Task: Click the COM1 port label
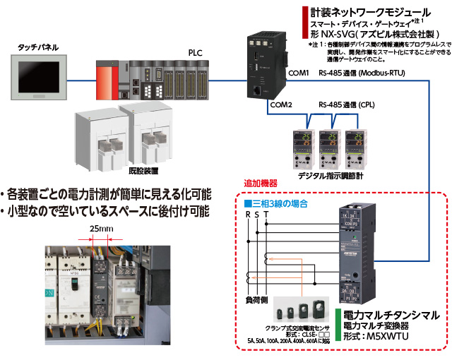(300, 73)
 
